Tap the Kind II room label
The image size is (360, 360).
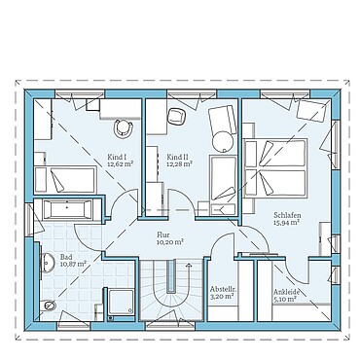point(178,156)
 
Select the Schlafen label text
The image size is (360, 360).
point(285,214)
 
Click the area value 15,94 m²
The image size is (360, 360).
point(285,223)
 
